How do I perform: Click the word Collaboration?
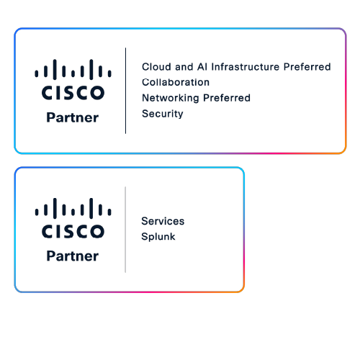[x=176, y=82]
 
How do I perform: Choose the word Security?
[x=162, y=114]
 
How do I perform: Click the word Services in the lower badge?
[x=162, y=221]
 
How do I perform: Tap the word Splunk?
[x=158, y=236]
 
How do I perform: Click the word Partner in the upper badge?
[x=72, y=118]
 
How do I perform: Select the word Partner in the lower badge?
[x=72, y=256]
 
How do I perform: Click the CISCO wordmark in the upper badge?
[x=72, y=94]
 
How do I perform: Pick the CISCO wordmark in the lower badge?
[x=72, y=232]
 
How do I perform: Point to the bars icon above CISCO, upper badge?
[x=72, y=71]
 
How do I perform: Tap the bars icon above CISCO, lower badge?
[x=72, y=209]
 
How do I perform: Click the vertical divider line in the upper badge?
[x=125, y=91]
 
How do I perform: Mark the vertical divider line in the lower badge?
[x=125, y=229]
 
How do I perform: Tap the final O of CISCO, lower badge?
[x=96, y=232]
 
